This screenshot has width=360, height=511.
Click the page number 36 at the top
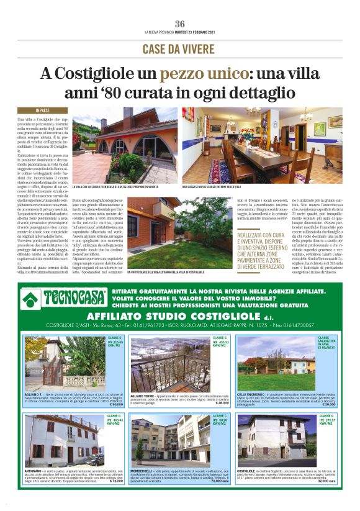[179, 24]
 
